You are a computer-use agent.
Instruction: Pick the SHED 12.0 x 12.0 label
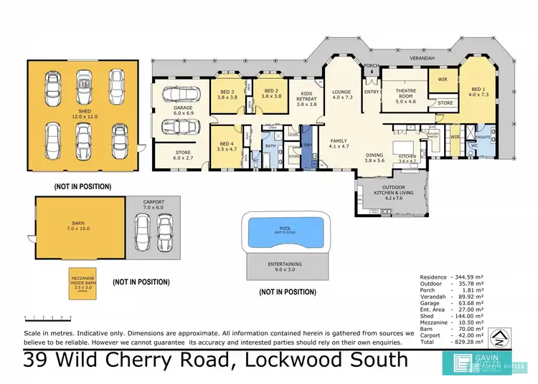[x=85, y=115]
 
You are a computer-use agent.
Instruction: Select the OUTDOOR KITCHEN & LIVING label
[x=390, y=192]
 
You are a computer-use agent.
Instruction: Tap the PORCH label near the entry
[x=371, y=67]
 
